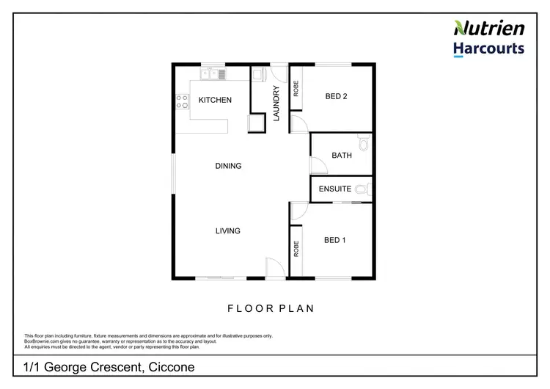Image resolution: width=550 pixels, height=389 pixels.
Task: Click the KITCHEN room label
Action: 215,101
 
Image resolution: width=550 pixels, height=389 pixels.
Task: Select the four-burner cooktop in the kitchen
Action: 180,102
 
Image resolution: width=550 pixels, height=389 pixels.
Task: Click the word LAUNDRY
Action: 277,103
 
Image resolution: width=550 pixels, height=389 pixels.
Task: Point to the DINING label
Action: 228,166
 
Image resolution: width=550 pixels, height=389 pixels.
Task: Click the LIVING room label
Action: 227,231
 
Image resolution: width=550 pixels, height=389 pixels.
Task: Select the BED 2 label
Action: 336,96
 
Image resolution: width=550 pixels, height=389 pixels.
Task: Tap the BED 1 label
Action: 334,240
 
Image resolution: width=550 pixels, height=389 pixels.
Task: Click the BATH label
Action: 342,156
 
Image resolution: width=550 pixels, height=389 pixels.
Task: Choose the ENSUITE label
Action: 335,189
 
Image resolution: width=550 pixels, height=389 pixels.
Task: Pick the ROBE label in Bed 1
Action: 296,249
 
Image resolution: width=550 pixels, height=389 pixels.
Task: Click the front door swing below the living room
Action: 273,269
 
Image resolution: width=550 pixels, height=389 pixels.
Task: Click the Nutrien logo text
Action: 490,29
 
